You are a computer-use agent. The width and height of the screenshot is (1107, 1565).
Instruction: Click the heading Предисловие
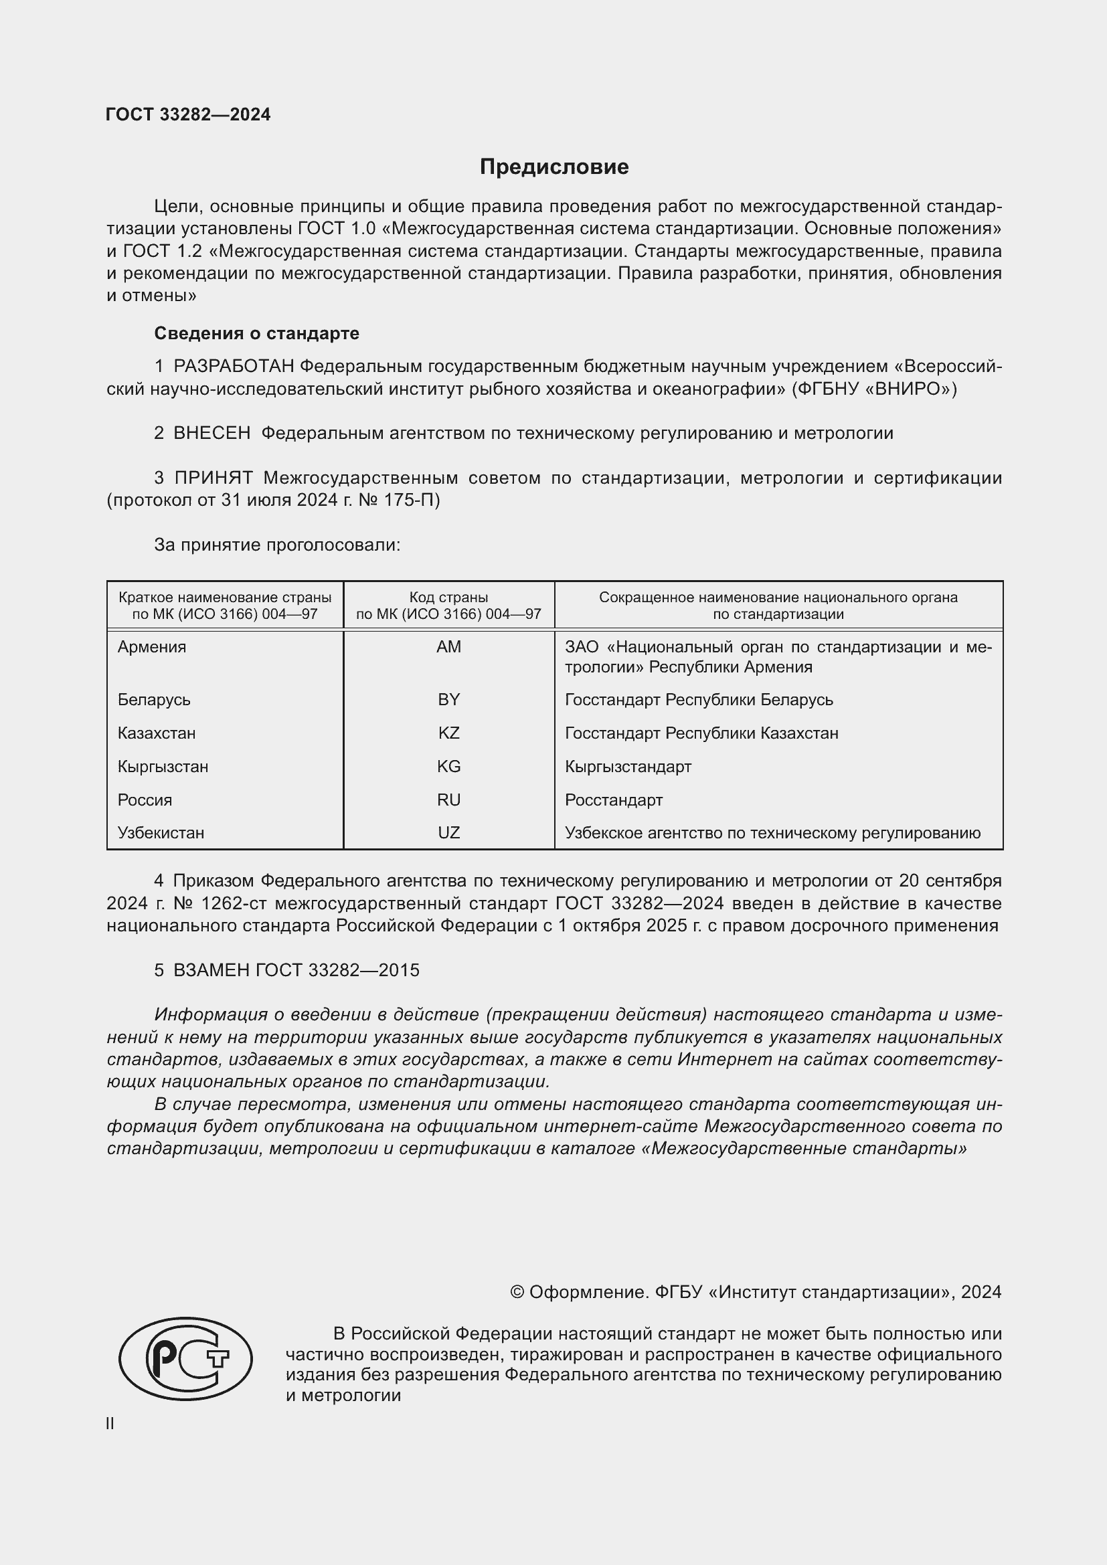(x=553, y=167)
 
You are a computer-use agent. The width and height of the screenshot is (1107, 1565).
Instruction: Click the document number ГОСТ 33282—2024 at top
(x=188, y=114)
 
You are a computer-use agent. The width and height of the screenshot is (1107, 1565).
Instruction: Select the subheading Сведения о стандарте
(x=256, y=333)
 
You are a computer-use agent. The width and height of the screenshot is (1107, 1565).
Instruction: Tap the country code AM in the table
(x=448, y=647)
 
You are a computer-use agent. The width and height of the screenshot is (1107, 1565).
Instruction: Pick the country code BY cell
(x=448, y=700)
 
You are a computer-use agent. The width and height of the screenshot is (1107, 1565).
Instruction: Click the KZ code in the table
(x=448, y=733)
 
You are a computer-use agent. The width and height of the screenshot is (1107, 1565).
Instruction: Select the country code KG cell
(x=448, y=767)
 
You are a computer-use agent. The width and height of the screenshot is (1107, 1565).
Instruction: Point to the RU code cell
(x=448, y=800)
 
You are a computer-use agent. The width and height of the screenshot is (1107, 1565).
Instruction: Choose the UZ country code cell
(x=448, y=833)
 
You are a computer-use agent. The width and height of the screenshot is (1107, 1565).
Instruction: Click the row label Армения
(x=151, y=647)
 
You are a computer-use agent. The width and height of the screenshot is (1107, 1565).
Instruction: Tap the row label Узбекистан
(x=160, y=833)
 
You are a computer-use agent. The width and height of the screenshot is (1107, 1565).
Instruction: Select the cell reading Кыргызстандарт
(x=628, y=767)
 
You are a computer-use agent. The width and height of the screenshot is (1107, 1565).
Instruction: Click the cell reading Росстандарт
(x=614, y=800)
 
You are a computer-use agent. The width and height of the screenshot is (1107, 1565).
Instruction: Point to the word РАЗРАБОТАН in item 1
(x=234, y=367)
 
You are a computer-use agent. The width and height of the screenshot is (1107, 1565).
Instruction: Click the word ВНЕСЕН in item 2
(x=212, y=434)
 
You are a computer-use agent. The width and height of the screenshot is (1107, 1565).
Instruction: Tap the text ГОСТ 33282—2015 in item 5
(x=337, y=971)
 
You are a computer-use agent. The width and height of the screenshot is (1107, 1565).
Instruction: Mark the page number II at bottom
(x=110, y=1424)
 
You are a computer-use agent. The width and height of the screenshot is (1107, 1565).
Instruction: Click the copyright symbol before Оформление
(x=517, y=1293)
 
